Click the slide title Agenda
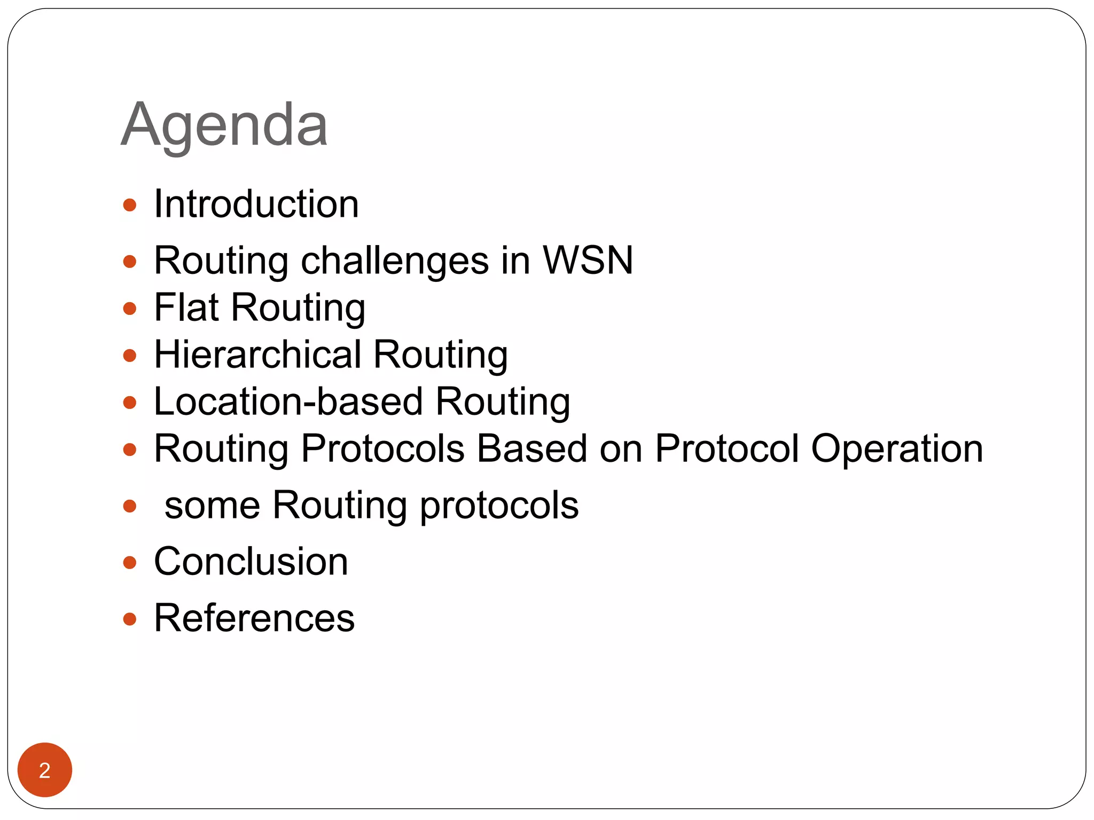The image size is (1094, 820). (x=224, y=125)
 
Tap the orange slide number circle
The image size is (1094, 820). (x=45, y=770)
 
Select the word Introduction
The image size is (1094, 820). (x=256, y=204)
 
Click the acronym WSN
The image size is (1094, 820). (x=588, y=261)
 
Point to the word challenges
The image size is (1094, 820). (x=395, y=262)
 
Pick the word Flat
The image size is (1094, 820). (x=186, y=307)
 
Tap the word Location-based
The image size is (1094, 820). (x=288, y=401)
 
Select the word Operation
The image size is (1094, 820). (x=897, y=449)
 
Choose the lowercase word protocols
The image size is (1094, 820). (x=499, y=506)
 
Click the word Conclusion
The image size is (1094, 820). (x=251, y=562)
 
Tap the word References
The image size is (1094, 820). (x=254, y=618)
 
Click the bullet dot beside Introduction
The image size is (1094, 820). (x=130, y=205)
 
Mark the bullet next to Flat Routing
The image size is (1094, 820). (x=130, y=309)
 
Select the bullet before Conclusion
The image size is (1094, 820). (x=130, y=563)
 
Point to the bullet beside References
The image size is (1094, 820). (x=130, y=619)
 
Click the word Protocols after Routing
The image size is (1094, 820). (x=382, y=448)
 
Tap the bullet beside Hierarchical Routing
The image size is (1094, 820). (x=130, y=356)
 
